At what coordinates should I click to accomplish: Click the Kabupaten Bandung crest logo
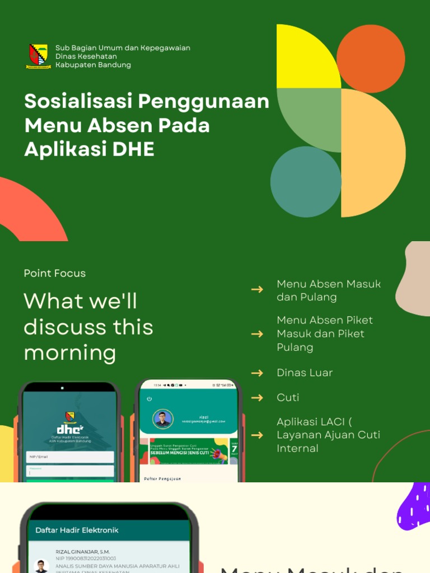coord(39,56)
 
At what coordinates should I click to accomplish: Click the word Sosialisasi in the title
coord(79,101)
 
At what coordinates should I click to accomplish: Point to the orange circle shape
coord(371,59)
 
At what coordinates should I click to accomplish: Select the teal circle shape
coord(306,182)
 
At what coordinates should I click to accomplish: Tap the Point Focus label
coord(55,273)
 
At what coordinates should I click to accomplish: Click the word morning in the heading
coord(70,353)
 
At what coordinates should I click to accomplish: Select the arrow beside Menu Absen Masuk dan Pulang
coord(257,289)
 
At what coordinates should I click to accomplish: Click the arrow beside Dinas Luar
coord(257,373)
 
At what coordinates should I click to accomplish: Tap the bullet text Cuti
coord(288,397)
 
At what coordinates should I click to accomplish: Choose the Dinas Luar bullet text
coord(305,373)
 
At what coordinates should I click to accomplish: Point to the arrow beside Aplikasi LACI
coord(257,435)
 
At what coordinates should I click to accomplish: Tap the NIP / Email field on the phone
coord(70,457)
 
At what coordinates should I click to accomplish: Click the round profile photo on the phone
coord(163,419)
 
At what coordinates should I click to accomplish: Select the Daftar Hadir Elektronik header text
coord(77,530)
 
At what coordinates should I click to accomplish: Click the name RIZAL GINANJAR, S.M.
coord(83,552)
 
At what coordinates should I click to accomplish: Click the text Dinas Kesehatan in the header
coord(86,57)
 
